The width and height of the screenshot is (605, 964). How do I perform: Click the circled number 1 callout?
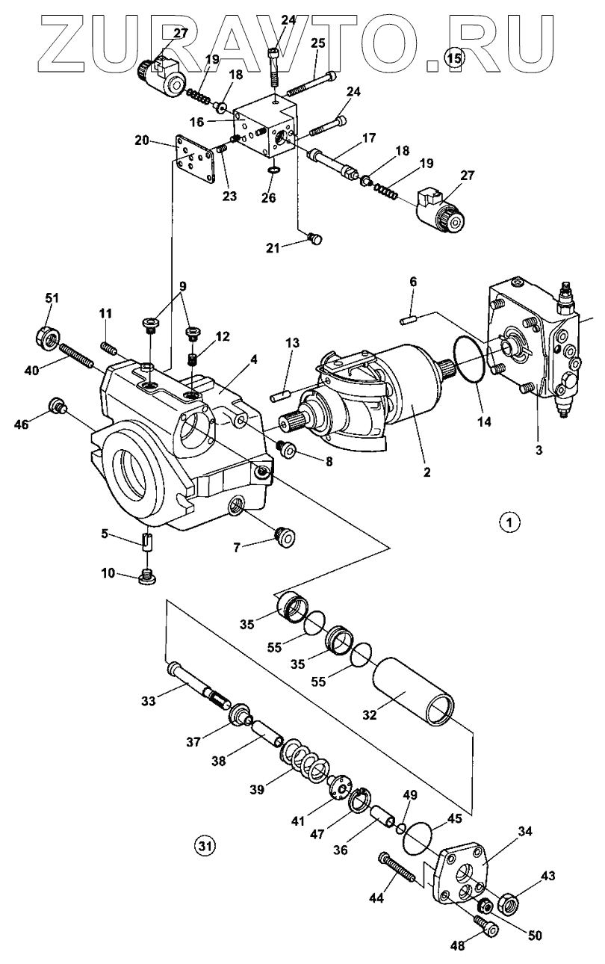point(509,522)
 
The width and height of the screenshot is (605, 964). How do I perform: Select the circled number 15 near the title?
point(453,57)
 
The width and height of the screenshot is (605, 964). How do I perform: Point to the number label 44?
point(375,897)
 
